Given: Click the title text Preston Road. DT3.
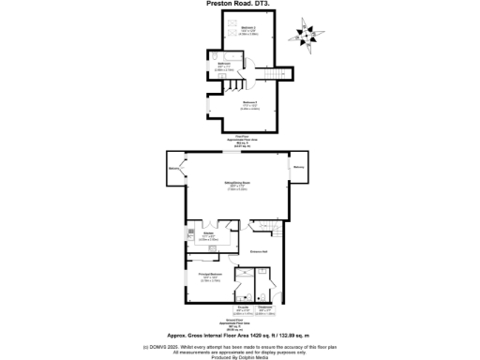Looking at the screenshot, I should pyautogui.click(x=239, y=4).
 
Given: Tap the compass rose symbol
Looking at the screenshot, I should pyautogui.click(x=307, y=34).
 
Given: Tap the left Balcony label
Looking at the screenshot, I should pyautogui.click(x=173, y=169).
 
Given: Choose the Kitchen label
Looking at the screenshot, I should pyautogui.click(x=209, y=236).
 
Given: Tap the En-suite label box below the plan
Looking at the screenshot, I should pyautogui.click(x=242, y=310).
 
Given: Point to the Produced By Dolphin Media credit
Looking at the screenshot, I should pyautogui.click(x=239, y=356).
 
